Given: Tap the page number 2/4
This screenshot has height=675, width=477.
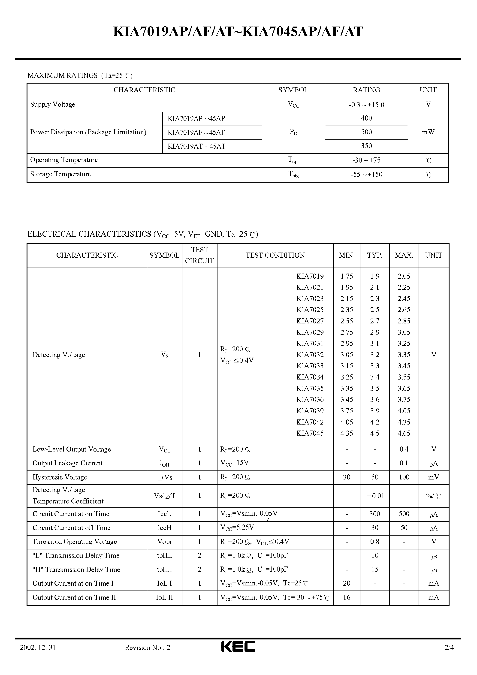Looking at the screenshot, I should tap(449, 647).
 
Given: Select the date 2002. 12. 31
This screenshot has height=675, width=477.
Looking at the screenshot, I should tap(38, 647).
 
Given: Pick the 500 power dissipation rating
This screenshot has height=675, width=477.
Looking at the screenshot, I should tap(366, 132).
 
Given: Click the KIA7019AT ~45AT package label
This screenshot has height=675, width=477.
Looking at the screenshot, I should tap(196, 146).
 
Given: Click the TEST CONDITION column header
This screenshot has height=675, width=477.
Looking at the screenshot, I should tap(275, 255).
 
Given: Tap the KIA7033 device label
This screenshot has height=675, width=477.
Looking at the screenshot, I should tap(310, 366).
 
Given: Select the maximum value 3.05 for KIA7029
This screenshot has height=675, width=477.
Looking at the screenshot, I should tap(404, 332).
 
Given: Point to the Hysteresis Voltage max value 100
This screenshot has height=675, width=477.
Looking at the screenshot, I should tap(404, 477).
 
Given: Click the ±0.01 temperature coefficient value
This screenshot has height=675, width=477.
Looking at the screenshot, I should tap(375, 496).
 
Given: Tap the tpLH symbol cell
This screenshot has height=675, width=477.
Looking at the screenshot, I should tap(164, 570).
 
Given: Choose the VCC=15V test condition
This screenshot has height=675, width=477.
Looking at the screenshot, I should tap(234, 463).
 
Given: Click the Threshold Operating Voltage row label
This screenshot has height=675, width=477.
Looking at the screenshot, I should tap(75, 542).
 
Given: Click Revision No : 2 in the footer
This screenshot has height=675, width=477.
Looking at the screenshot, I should tap(147, 647).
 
